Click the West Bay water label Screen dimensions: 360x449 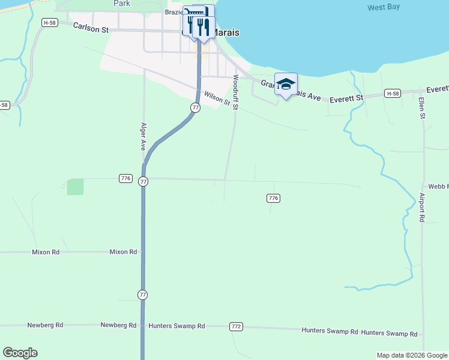(384, 7)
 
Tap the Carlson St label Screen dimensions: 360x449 (91, 28)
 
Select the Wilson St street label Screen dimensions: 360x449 (217, 98)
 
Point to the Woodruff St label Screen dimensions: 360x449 (236, 92)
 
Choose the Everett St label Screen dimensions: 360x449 (348, 97)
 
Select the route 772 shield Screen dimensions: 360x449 (236, 326)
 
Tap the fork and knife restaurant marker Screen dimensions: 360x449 (202, 26)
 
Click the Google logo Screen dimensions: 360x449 (20, 353)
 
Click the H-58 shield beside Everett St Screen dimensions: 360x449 (393, 94)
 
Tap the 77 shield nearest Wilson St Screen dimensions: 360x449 (195, 107)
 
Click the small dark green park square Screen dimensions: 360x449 (76, 187)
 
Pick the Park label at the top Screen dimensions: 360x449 (122, 3)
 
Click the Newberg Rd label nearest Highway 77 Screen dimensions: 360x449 (118, 325)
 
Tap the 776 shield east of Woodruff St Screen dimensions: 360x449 (273, 198)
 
